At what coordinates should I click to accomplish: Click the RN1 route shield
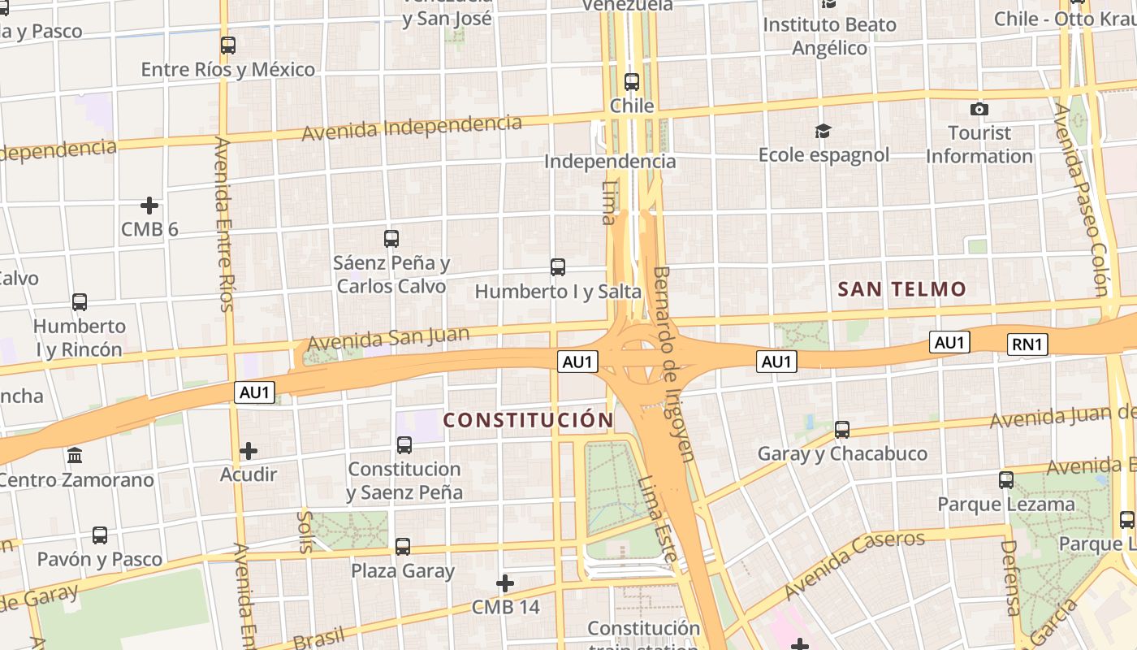[x=1027, y=344]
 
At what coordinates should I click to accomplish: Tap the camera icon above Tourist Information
[x=979, y=109]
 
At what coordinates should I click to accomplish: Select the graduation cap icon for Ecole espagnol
[x=824, y=131]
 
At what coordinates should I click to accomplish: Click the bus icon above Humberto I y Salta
[x=558, y=266]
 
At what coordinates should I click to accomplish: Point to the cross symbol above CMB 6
[x=149, y=206]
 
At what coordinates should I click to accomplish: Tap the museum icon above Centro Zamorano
[x=76, y=455]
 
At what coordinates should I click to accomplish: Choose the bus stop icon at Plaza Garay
[x=403, y=546]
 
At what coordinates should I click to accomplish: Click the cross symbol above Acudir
[x=249, y=450]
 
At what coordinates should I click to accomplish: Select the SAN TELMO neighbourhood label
[x=901, y=289]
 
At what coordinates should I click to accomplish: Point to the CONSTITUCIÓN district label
[x=528, y=420]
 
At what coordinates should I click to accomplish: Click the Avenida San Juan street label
[x=388, y=339]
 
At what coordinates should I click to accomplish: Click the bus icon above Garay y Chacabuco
[x=842, y=429]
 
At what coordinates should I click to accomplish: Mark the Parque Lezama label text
[x=1006, y=504]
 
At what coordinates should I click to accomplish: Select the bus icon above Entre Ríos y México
[x=228, y=45]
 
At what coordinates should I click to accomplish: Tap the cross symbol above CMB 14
[x=505, y=583]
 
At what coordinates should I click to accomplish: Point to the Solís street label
[x=305, y=531]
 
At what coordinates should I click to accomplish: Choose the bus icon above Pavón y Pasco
[x=100, y=535]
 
